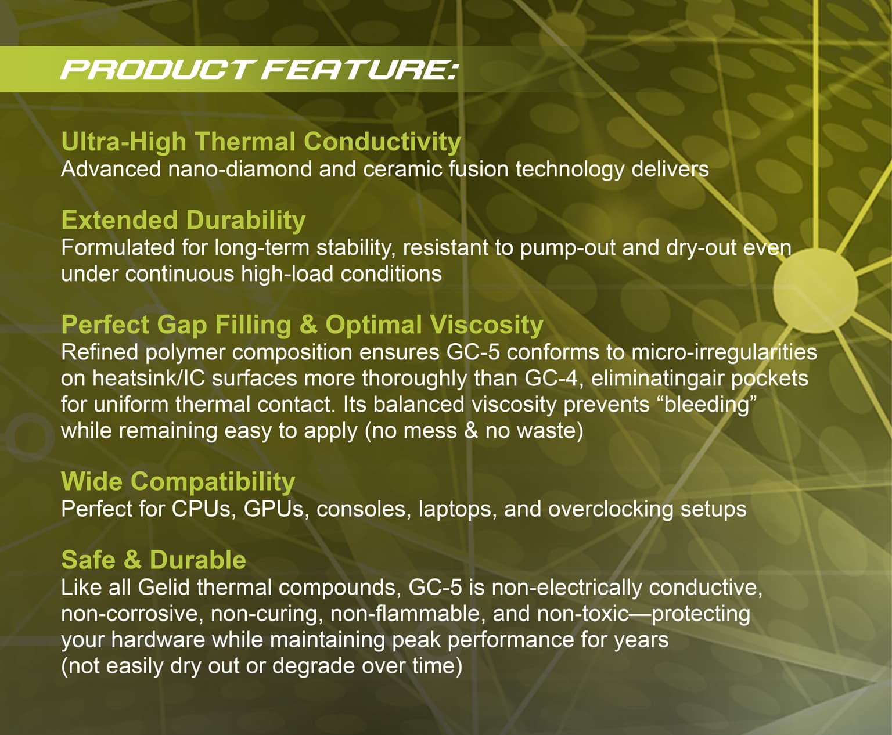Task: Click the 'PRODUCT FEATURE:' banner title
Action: pos(260,69)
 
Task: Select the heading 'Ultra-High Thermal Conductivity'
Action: pos(261,142)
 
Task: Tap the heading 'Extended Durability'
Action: pos(184,220)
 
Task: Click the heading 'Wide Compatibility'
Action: pos(178,482)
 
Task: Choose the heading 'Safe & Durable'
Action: pos(154,560)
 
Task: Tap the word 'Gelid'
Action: pos(164,588)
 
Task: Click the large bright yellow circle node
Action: pos(815,290)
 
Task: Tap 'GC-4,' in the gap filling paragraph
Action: pos(554,379)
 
